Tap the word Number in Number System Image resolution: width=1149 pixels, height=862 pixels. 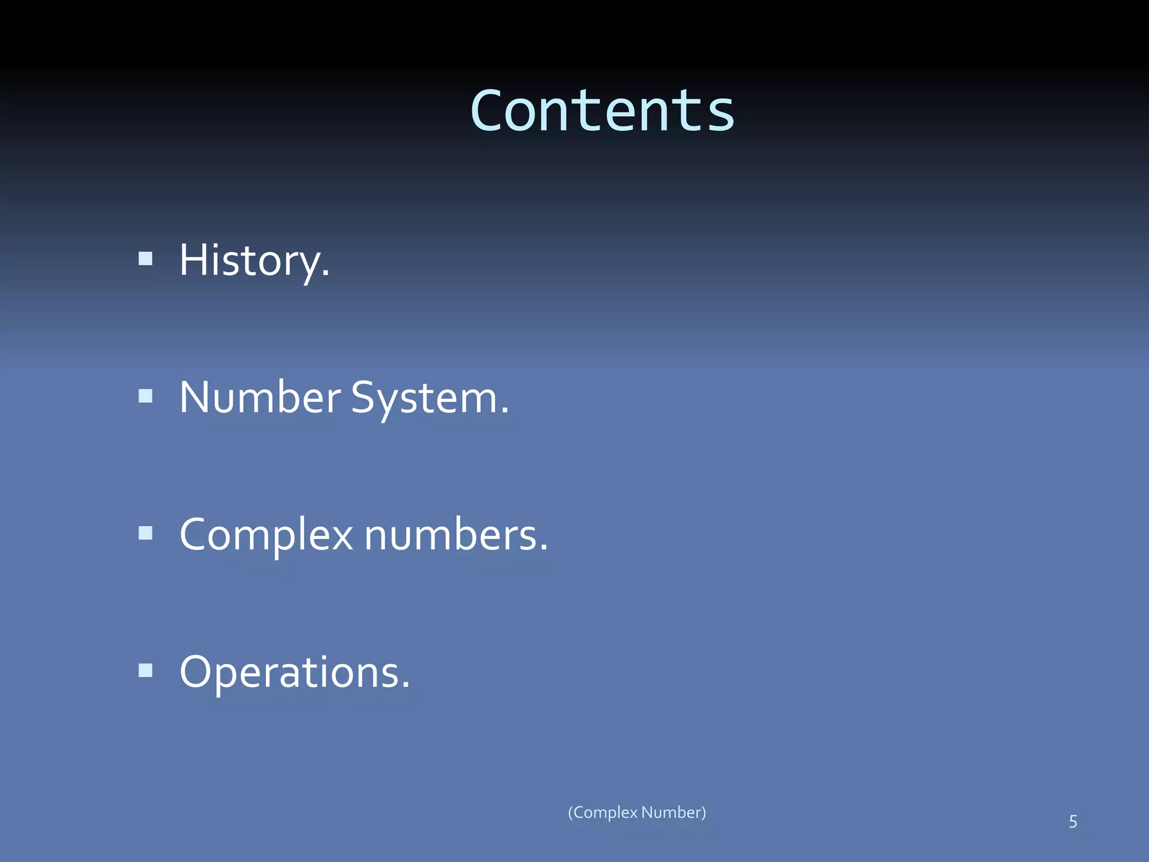pos(260,397)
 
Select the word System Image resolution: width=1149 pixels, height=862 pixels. pos(429,398)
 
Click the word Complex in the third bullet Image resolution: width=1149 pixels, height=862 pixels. pos(266,535)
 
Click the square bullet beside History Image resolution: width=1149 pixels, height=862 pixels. pos(146,258)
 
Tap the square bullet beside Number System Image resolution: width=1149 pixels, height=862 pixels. pos(146,396)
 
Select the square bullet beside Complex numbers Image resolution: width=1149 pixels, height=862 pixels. pos(146,533)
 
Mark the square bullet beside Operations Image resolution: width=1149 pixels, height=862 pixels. pos(146,670)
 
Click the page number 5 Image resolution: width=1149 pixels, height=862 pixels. pos(1073,822)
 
